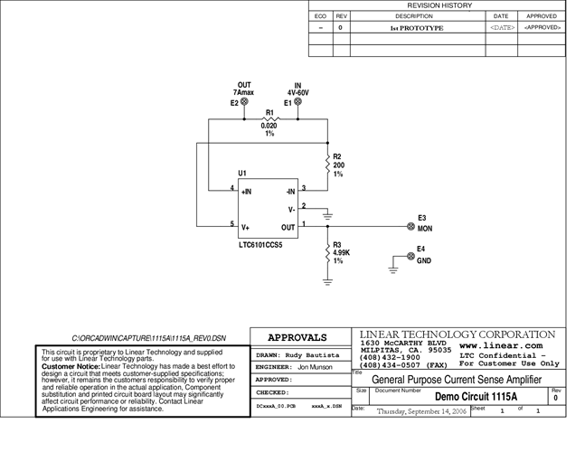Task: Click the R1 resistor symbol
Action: [x=269, y=118]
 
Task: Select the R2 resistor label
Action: [x=338, y=156]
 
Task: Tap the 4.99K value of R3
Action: [x=340, y=252]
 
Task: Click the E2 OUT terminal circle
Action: [x=244, y=103]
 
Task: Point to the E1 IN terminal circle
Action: [x=298, y=103]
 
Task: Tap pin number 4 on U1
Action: [x=232, y=188]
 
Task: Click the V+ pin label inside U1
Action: [x=246, y=228]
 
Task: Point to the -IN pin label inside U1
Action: [x=289, y=192]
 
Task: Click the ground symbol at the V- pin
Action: [x=327, y=216]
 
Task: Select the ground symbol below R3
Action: [x=327, y=280]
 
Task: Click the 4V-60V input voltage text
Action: [x=298, y=92]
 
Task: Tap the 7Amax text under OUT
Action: [x=244, y=93]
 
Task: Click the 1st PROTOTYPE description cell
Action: [x=416, y=28]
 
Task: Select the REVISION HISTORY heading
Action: [x=439, y=5]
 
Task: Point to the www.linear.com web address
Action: [x=500, y=345]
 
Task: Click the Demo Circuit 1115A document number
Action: [x=476, y=397]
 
